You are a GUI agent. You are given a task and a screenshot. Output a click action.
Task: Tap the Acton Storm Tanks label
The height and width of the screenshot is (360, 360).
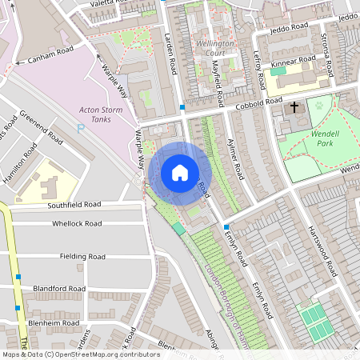pyautogui.click(x=101, y=114)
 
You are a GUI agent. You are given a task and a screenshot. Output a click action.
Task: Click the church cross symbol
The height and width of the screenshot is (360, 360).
pyautogui.click(x=294, y=106)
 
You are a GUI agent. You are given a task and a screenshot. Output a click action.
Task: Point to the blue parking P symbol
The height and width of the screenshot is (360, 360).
pyautogui.click(x=80, y=129)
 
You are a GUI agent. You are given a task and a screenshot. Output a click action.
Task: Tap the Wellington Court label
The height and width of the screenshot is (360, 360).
pyautogui.click(x=216, y=47)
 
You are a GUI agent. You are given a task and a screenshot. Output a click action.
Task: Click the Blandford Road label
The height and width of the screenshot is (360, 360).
pyautogui.click(x=58, y=288)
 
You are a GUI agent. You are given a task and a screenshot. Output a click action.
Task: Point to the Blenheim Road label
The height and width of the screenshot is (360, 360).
pyautogui.click(x=56, y=322)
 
